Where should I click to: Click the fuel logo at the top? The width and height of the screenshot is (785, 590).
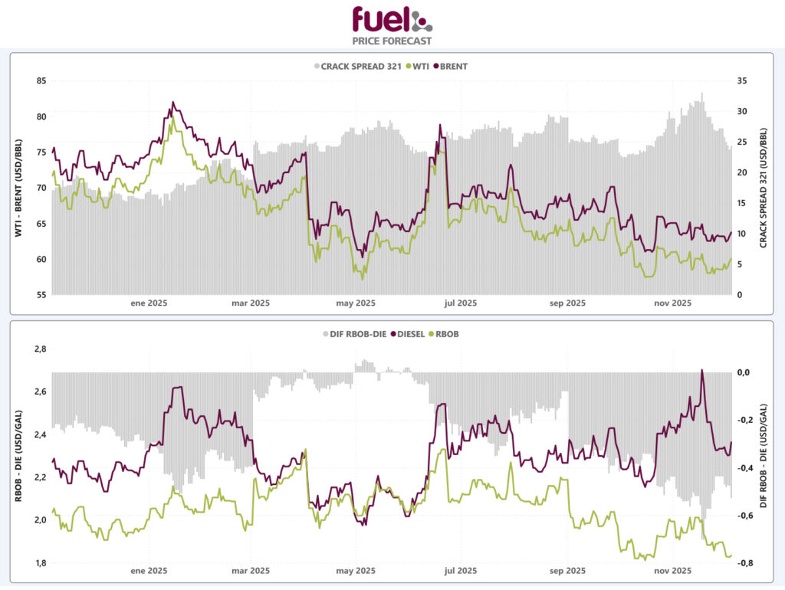tap(392, 18)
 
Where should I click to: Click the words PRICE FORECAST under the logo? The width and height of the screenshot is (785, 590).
tap(392, 41)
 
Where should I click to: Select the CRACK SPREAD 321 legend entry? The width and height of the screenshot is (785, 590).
tap(358, 66)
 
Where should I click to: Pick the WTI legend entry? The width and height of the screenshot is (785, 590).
tap(419, 66)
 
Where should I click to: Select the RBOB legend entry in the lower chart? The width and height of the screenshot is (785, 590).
tap(451, 334)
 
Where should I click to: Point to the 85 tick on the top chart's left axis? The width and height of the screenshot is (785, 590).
tap(41, 80)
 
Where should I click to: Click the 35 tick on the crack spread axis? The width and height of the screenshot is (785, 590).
tap(742, 80)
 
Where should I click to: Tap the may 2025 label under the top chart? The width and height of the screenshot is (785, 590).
tap(355, 303)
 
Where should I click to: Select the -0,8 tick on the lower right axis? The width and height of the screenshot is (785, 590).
tap(743, 563)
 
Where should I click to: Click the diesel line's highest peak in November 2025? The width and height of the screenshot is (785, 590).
tap(702, 370)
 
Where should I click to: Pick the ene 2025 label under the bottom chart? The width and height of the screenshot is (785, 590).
tap(149, 571)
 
